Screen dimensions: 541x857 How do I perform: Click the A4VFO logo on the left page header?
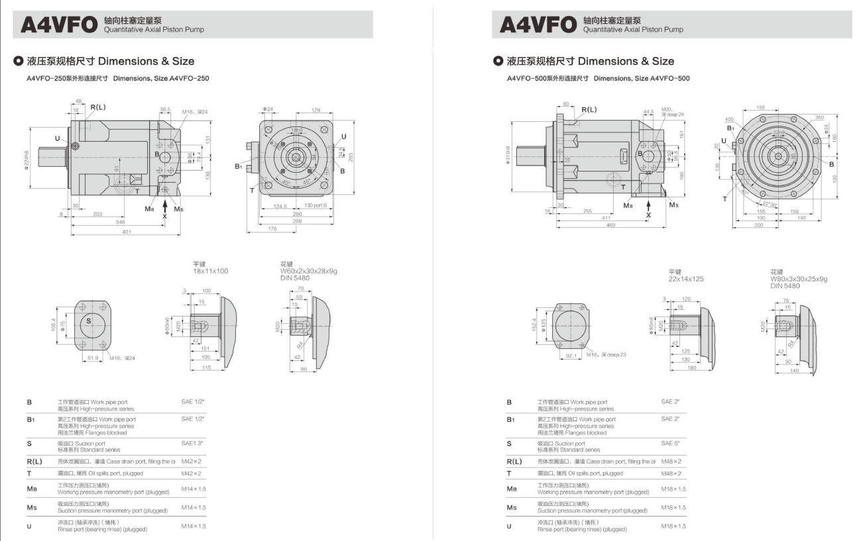click(58, 25)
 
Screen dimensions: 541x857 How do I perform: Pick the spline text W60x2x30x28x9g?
click(309, 271)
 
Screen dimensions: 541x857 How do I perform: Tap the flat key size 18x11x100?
click(211, 271)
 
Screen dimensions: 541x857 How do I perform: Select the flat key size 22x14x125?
click(686, 279)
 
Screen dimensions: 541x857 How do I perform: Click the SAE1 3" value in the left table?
click(193, 442)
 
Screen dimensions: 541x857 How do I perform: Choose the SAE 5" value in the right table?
click(670, 443)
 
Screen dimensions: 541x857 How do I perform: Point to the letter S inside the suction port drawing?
click(88, 321)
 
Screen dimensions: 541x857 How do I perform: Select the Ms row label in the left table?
click(30, 507)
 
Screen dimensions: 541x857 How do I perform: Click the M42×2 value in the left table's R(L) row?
click(191, 461)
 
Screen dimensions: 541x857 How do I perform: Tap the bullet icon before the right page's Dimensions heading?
click(498, 61)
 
